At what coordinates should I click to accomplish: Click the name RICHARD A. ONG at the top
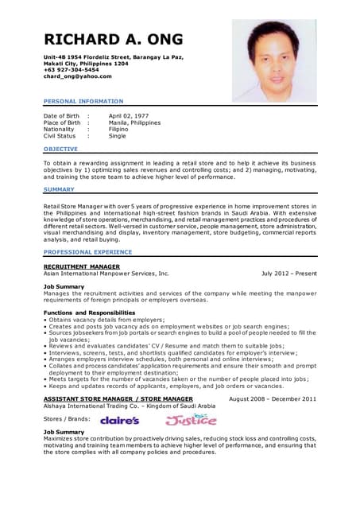click(113, 40)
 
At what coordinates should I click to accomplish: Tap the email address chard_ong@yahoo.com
click(77, 76)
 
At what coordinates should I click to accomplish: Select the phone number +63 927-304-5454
click(72, 70)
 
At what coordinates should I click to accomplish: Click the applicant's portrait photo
click(274, 60)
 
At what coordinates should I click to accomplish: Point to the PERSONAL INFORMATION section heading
click(83, 101)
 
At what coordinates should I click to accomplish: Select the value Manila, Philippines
click(134, 122)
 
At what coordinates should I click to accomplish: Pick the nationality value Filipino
click(120, 129)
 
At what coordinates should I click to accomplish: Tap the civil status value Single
click(118, 136)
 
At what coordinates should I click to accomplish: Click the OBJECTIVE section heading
click(60, 149)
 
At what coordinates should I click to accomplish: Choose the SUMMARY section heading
click(59, 189)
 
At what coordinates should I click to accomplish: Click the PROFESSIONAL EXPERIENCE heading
click(87, 251)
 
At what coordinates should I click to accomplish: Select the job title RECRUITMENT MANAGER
click(82, 266)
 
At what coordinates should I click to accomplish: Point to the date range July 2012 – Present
click(288, 273)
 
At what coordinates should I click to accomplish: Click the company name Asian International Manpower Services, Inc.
click(106, 273)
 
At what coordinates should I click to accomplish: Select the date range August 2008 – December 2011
click(272, 398)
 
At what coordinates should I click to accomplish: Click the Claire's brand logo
click(120, 419)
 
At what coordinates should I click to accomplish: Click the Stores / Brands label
click(67, 418)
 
